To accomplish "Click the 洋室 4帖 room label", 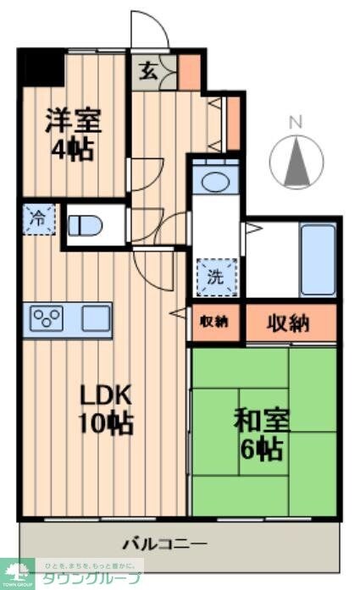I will click(74, 134).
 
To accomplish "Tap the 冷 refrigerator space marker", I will click(38, 218).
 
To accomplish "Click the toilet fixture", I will click(85, 225).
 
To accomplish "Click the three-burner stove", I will click(47, 319).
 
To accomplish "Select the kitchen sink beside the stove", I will click(95, 319).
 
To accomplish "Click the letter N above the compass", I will click(296, 122).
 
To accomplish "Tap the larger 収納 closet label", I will click(291, 323).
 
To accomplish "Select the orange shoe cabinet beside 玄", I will click(190, 71).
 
